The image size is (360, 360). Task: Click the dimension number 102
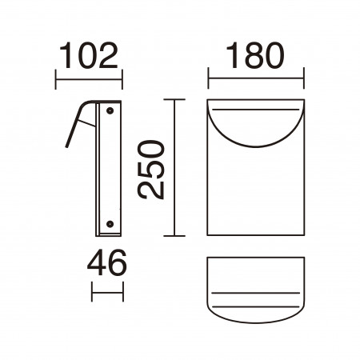89,55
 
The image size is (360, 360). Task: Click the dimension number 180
255,55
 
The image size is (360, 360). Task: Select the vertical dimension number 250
151,170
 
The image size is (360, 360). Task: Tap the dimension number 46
106,262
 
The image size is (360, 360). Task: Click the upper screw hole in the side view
110,110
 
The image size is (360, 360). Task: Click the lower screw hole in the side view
110,224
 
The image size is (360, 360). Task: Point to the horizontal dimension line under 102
89,79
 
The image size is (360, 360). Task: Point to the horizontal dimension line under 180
256,78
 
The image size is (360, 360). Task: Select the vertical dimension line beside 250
174,167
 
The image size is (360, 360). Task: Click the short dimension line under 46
107,292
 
